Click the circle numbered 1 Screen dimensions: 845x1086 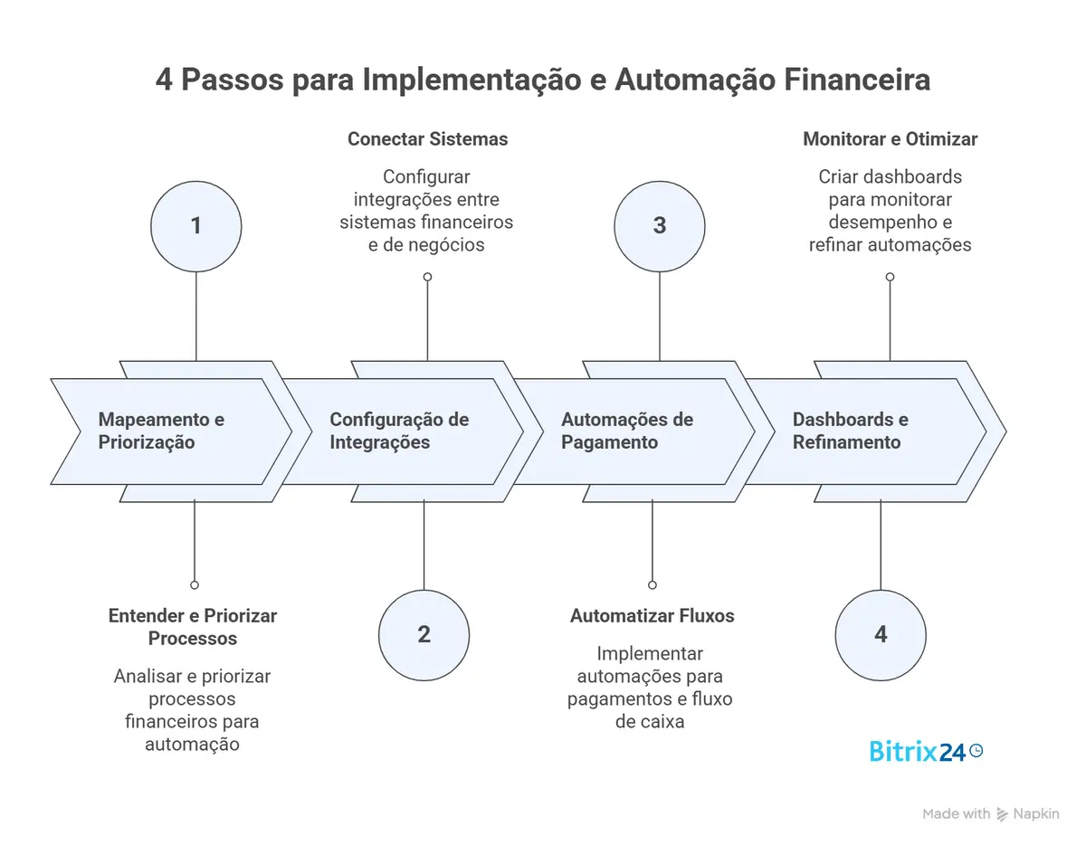pyautogui.click(x=196, y=225)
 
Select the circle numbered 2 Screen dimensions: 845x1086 pyautogui.click(x=424, y=634)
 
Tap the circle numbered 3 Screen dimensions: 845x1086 pyautogui.click(x=659, y=225)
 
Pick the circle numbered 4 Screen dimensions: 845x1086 pyautogui.click(x=881, y=634)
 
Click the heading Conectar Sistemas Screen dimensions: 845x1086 pyautogui.click(x=427, y=139)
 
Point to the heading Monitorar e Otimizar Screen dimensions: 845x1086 pyautogui.click(x=890, y=139)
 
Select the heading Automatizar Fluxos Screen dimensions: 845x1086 pyautogui.click(x=652, y=616)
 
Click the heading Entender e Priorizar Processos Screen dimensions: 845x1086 pyautogui.click(x=193, y=627)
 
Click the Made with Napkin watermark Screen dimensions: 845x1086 pyautogui.click(x=990, y=814)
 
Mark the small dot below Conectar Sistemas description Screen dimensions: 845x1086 pyautogui.click(x=427, y=277)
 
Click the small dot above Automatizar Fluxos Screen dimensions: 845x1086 pyautogui.click(x=653, y=585)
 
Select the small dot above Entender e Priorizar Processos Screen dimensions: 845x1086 pyautogui.click(x=194, y=585)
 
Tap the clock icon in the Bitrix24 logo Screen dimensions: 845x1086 pyautogui.click(x=976, y=750)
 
